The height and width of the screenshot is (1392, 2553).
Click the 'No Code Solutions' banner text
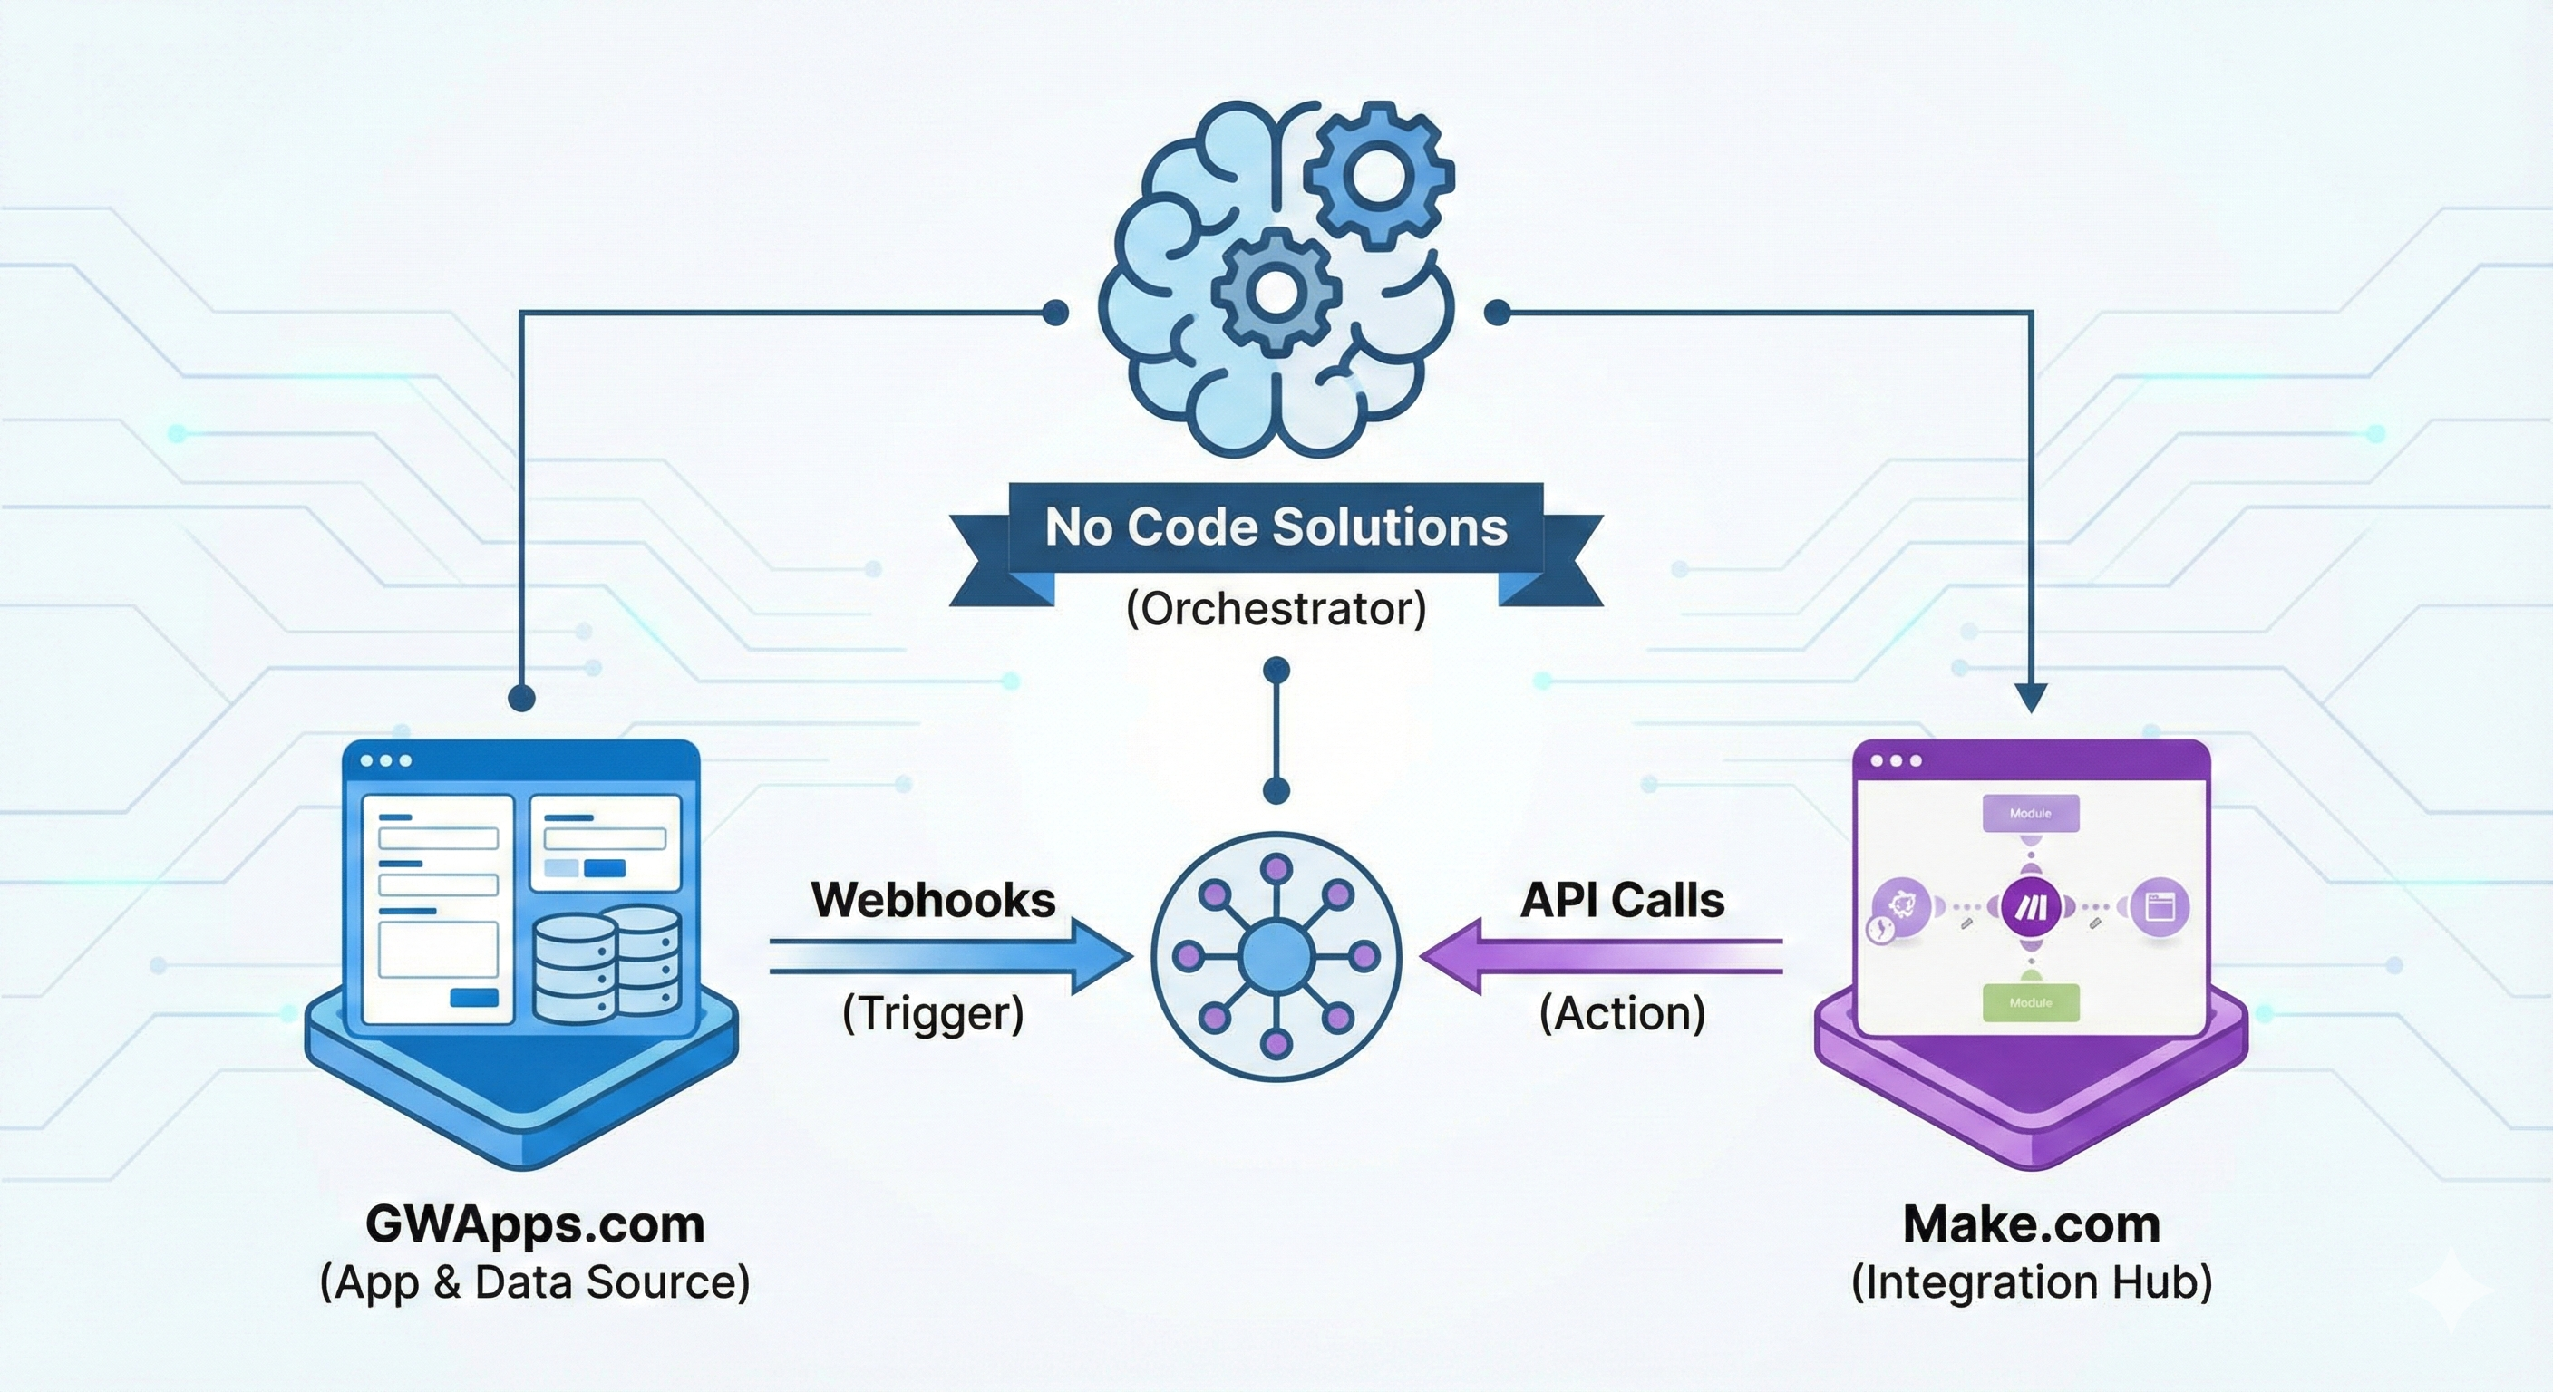(1276, 527)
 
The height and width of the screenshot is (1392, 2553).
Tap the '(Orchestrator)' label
(1276, 609)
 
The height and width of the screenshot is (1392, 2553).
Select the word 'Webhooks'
(933, 901)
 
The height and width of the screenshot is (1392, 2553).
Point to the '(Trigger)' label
(933, 1013)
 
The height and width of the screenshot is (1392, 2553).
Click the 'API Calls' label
(1623, 901)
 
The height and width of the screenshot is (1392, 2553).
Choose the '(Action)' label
(1623, 1013)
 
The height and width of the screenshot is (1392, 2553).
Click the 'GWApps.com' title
(535, 1224)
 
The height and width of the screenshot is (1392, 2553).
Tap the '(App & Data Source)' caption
(535, 1282)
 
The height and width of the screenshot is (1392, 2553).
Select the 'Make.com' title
(2032, 1224)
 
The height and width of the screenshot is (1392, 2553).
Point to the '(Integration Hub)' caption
(2032, 1282)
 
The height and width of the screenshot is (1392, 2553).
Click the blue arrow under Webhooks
(951, 956)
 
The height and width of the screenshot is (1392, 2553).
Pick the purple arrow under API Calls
(1600, 956)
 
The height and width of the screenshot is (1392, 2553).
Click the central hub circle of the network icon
(1276, 956)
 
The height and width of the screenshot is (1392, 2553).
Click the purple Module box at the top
(2031, 815)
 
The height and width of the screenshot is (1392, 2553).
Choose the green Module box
(2031, 1002)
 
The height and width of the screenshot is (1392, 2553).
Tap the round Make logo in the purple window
(2031, 906)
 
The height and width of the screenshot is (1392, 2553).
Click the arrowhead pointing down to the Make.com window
(2031, 699)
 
